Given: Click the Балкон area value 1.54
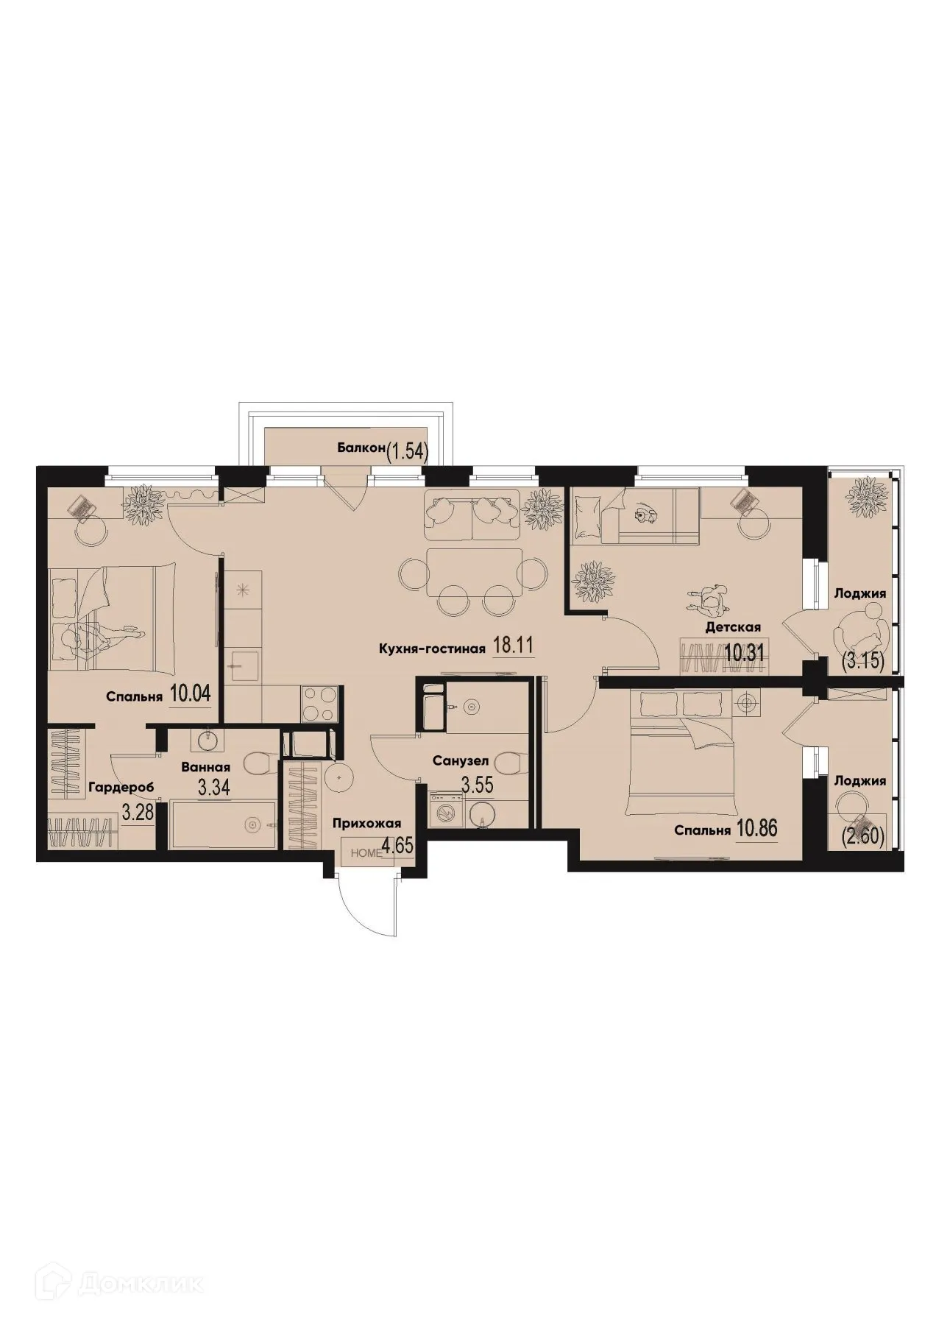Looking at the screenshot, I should [407, 450].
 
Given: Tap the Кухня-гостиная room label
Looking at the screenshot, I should [431, 649].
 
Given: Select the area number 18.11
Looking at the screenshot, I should [512, 647].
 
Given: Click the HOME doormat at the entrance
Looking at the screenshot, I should [366, 853].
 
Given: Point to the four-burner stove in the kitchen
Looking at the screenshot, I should [319, 704].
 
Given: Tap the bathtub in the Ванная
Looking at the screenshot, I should [224, 825].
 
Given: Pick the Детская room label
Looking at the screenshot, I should [732, 627].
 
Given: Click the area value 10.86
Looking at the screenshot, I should [756, 829].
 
